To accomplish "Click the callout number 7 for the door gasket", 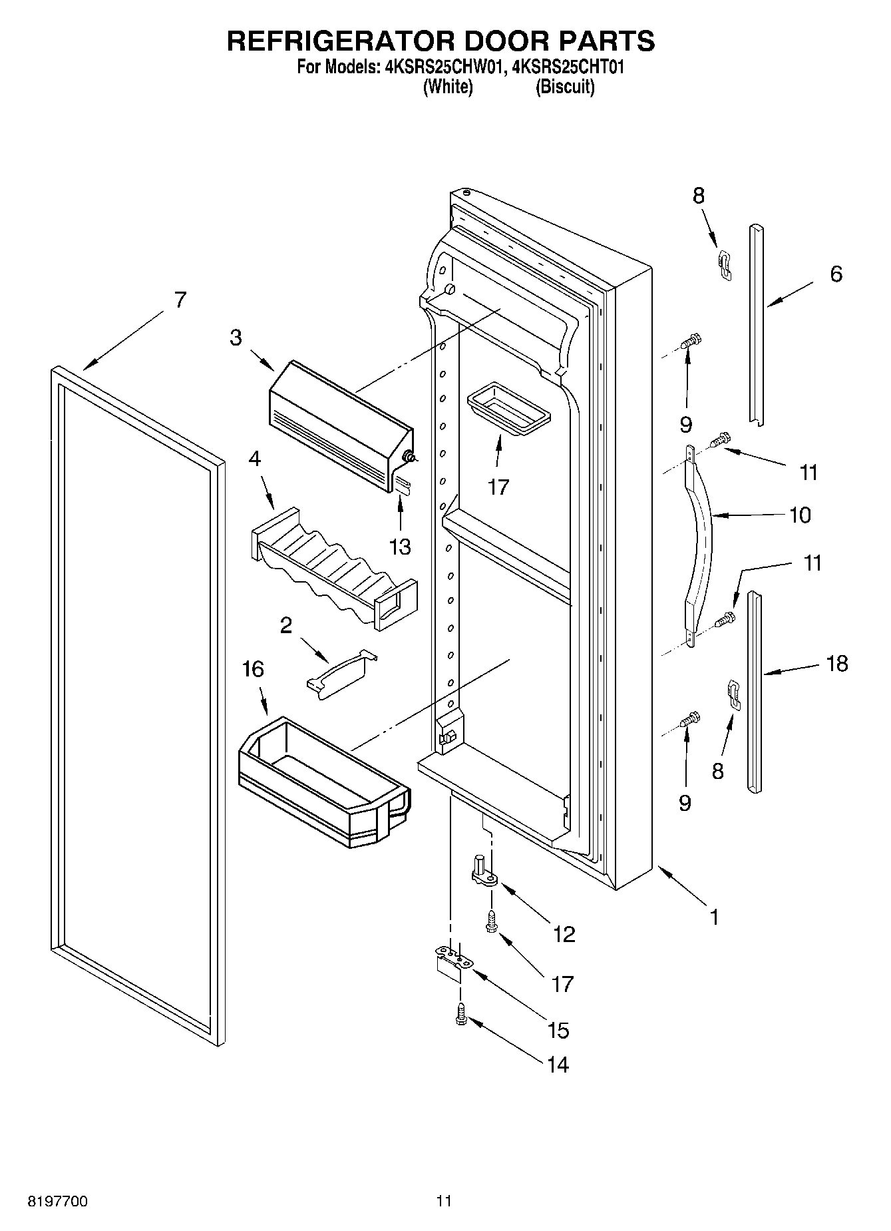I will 180,300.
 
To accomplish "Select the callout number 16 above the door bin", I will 254,669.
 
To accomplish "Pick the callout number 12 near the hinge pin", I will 564,935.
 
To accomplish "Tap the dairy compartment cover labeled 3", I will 339,425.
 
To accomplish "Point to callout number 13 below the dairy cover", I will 400,547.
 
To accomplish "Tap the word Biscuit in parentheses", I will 565,87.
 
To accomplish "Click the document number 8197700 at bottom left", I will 57,1202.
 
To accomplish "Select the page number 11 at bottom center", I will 445,1202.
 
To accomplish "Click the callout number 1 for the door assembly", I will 714,917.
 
